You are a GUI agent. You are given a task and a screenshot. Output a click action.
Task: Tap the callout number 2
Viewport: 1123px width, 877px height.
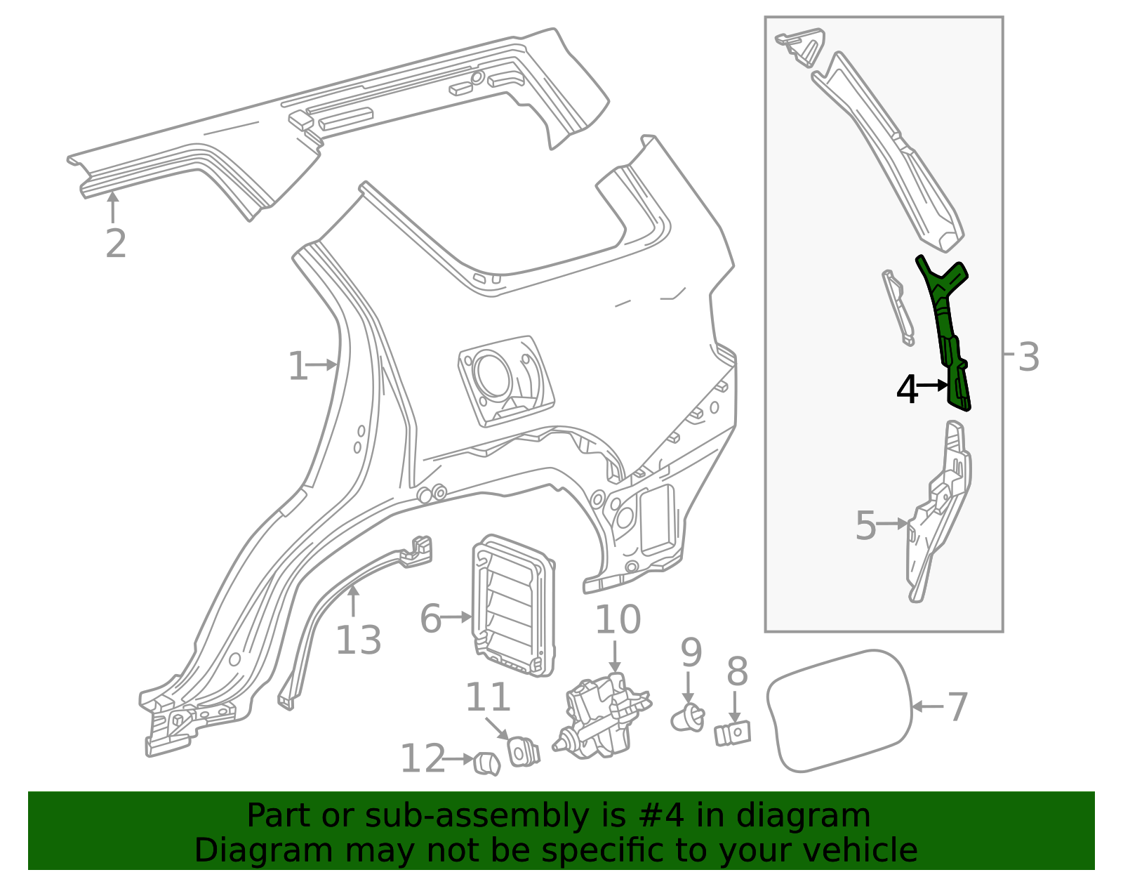[x=116, y=244]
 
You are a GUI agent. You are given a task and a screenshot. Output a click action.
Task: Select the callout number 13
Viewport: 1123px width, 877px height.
[x=359, y=641]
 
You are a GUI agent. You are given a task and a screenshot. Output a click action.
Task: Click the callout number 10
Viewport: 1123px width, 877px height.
[x=618, y=619]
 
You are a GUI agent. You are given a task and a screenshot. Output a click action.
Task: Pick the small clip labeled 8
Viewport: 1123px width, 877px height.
[x=732, y=733]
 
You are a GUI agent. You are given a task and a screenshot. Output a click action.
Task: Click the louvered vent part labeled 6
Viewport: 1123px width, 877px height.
[x=514, y=605]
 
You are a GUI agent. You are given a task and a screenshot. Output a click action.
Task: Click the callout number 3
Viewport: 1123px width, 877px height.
[x=1028, y=357]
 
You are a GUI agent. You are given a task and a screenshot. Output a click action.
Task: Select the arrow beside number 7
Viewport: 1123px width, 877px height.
[x=928, y=706]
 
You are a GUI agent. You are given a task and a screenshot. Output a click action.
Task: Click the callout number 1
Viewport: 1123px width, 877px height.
[x=298, y=366]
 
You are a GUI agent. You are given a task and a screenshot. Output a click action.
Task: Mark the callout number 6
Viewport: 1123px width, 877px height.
[x=430, y=619]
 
